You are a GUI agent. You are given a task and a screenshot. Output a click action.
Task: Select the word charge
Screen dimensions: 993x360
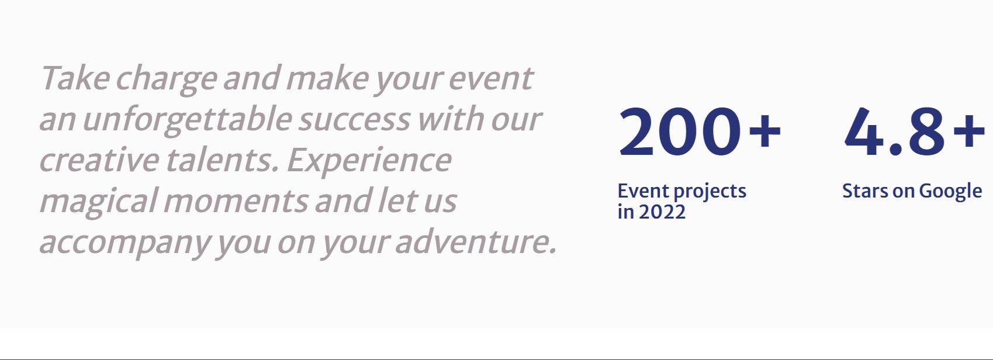pyautogui.click(x=167, y=80)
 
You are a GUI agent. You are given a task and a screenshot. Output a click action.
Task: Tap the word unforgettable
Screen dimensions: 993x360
pyautogui.click(x=188, y=120)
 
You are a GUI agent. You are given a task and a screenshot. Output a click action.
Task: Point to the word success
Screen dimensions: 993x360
pyautogui.click(x=354, y=120)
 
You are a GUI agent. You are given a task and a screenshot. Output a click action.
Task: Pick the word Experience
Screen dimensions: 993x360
pyautogui.click(x=369, y=162)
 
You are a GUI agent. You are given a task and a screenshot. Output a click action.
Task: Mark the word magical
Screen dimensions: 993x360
pyautogui.click(x=98, y=203)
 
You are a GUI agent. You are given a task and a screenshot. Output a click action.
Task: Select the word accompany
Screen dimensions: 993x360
pyautogui.click(x=124, y=244)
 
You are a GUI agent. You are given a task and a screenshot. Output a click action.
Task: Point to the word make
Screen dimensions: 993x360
pyautogui.click(x=328, y=78)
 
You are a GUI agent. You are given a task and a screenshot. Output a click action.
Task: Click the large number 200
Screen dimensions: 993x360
pyautogui.click(x=680, y=132)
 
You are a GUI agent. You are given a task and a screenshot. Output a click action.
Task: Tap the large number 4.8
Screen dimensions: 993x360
pyautogui.click(x=894, y=132)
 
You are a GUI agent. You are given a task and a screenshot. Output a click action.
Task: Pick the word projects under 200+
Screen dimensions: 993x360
pyautogui.click(x=710, y=192)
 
